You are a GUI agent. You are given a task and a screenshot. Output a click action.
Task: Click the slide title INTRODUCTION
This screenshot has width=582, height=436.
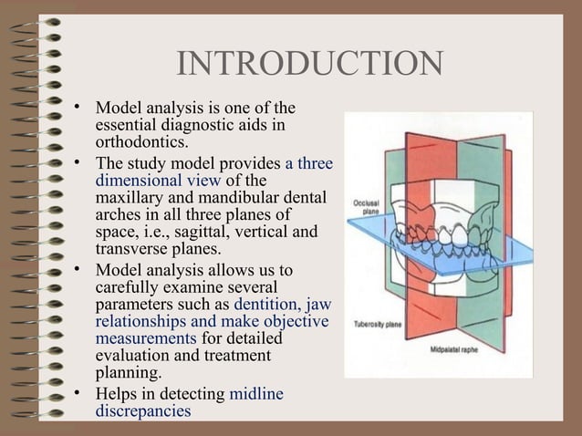point(309,64)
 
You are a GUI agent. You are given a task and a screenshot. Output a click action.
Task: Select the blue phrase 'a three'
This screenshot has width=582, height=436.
point(309,162)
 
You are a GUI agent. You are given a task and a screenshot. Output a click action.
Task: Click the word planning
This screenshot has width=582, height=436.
point(128,373)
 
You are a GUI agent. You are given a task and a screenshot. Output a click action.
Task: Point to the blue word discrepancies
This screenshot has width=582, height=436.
point(143,411)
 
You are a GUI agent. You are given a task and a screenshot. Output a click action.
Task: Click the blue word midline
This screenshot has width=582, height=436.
point(256,394)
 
